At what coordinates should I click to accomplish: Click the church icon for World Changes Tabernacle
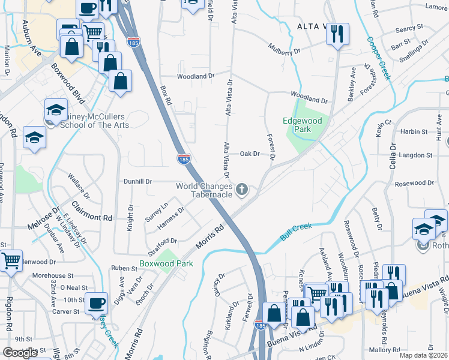[242, 190]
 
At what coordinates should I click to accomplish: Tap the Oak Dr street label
[249, 154]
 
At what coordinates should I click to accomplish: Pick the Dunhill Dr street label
[138, 181]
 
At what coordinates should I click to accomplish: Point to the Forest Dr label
[271, 147]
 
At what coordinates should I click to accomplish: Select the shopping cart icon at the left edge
[11, 262]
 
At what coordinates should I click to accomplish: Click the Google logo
[20, 353]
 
